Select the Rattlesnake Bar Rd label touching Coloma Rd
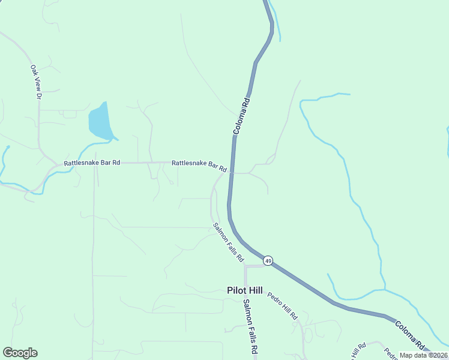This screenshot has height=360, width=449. [199, 166]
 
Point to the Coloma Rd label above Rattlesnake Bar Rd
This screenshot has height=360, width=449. [241, 115]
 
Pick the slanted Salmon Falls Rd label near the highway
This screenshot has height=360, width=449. [228, 242]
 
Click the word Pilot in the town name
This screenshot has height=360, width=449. [237, 290]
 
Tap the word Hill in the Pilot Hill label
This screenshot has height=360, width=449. [255, 290]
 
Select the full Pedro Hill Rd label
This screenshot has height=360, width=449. [282, 305]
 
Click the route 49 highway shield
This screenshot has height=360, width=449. [268, 260]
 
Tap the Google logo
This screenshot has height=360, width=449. [20, 353]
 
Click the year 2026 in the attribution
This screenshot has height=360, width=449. [439, 355]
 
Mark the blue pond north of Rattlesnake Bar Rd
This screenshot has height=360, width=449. [100, 122]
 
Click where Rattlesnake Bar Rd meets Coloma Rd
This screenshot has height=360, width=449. [231, 172]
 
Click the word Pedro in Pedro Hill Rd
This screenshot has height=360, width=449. [275, 298]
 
